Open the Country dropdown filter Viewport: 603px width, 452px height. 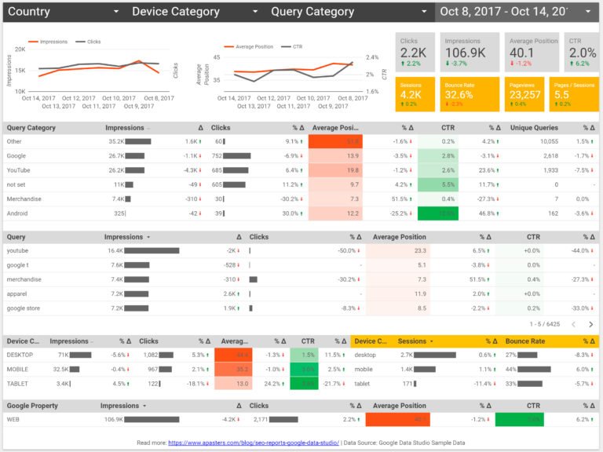pos(63,12)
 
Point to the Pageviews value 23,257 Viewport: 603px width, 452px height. pos(524,95)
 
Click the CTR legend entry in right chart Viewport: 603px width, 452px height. pos(298,46)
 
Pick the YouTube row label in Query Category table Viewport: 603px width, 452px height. pos(20,170)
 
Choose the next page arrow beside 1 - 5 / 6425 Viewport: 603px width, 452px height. pos(590,324)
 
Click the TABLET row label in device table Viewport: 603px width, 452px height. pos(18,383)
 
